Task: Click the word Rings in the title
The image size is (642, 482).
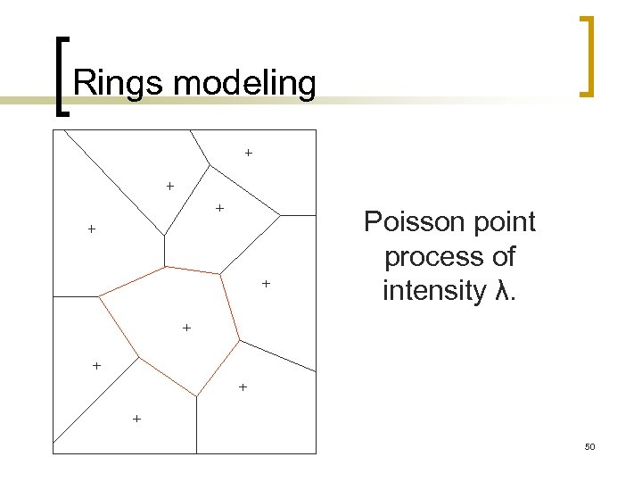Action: (119, 83)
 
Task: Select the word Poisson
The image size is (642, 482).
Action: (407, 222)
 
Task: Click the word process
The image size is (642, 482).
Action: (426, 257)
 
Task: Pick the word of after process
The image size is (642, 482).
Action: (501, 257)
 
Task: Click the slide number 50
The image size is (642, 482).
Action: (589, 445)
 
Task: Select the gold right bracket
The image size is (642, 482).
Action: (587, 55)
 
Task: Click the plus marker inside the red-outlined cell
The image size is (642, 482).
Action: (186, 328)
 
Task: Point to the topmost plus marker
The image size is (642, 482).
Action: (248, 153)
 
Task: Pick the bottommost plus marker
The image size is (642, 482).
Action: (136, 418)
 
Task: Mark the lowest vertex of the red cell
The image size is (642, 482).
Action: (196, 395)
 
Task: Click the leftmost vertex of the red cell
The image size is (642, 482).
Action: (98, 295)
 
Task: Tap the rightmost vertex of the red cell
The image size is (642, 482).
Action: (239, 340)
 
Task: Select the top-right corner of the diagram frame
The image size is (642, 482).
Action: (317, 130)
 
